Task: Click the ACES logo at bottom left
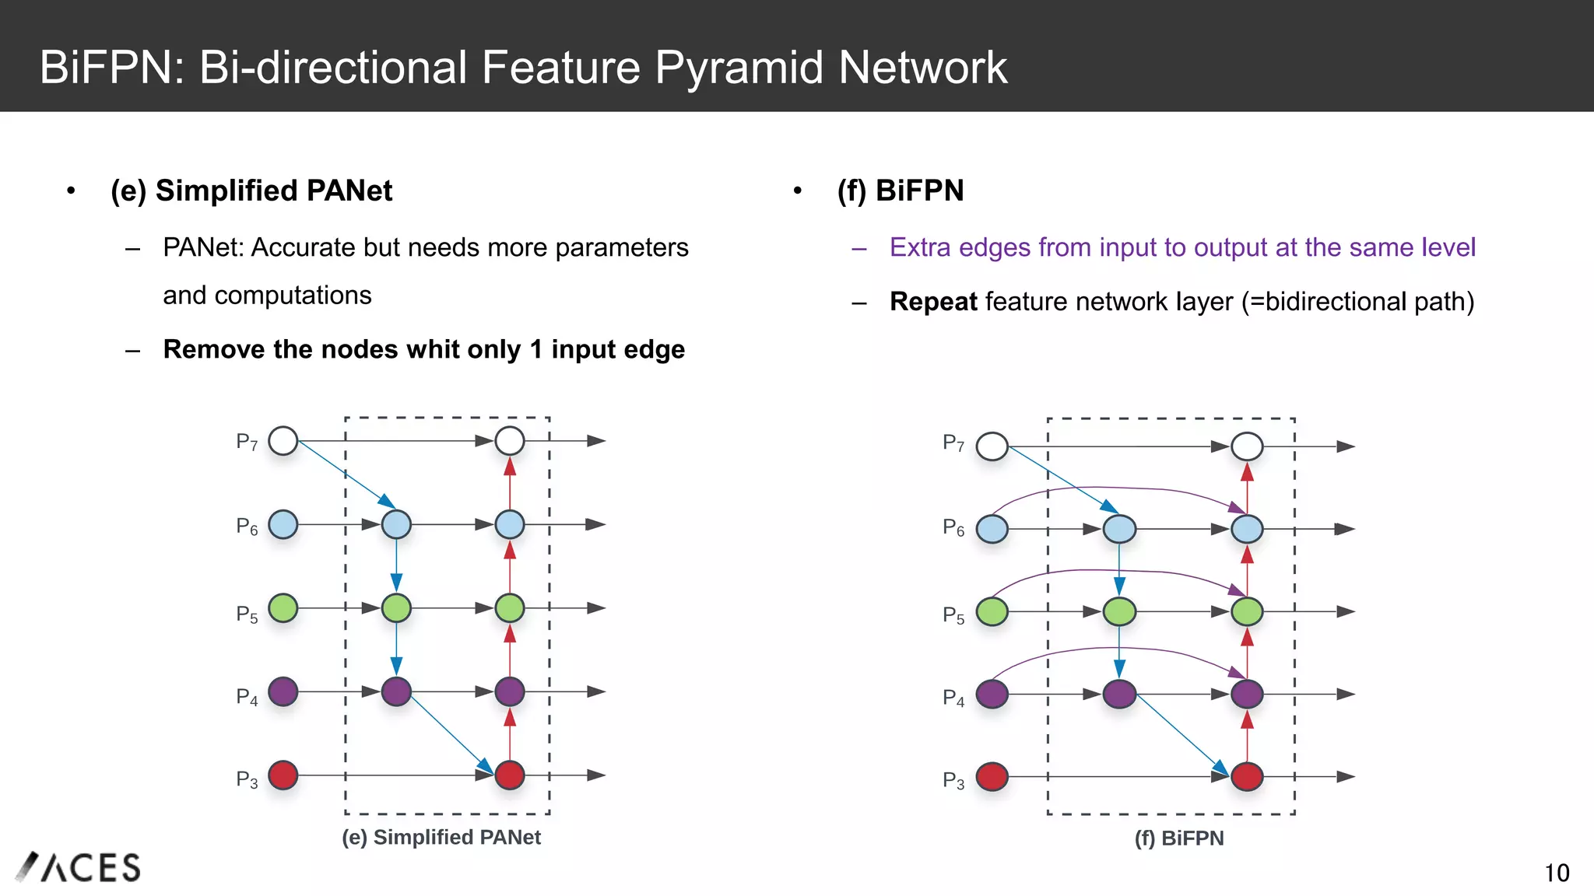point(78,867)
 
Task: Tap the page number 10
point(1557,873)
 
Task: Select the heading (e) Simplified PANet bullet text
point(251,191)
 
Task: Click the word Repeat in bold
point(932,302)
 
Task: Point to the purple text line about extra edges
point(1181,247)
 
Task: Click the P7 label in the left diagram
point(247,442)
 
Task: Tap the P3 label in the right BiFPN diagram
point(953,779)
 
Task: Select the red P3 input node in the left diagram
point(283,775)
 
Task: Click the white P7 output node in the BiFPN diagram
point(1247,446)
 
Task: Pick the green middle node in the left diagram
point(396,607)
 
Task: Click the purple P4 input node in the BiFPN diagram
point(992,694)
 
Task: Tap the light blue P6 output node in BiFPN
point(1247,529)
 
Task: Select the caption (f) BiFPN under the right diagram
point(1178,838)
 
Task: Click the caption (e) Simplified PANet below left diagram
point(441,837)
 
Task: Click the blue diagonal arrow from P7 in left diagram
point(346,474)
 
